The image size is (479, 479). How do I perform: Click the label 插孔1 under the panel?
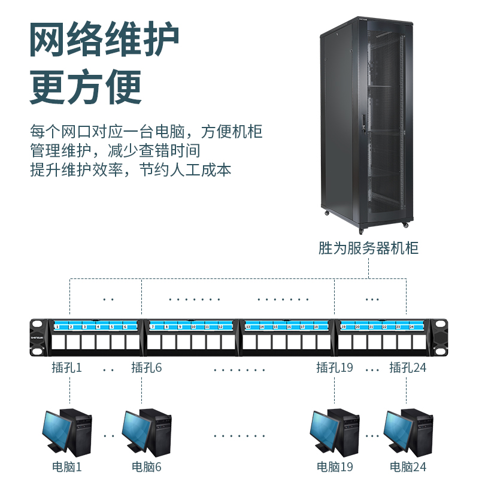tap(66, 368)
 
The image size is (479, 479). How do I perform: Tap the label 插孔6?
tap(147, 368)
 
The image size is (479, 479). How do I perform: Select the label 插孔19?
tap(335, 368)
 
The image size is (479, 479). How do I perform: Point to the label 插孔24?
tap(408, 368)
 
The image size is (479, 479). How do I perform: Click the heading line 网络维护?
tap(104, 41)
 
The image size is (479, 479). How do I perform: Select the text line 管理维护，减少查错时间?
tap(115, 150)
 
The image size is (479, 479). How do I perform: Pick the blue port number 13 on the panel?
tap(248, 328)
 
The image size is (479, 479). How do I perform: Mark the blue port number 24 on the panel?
tap(411, 328)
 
